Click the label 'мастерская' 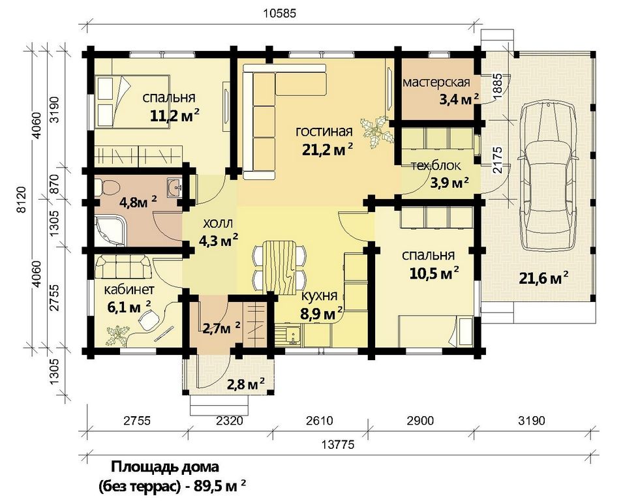pyautogui.click(x=436, y=82)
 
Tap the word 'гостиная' pyautogui.click(x=324, y=131)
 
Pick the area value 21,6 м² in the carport pyautogui.click(x=543, y=278)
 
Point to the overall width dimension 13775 pyautogui.click(x=340, y=445)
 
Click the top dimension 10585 pyautogui.click(x=280, y=14)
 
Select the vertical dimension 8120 pyautogui.click(x=22, y=200)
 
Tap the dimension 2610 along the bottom pyautogui.click(x=321, y=420)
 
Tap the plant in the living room pyautogui.click(x=376, y=132)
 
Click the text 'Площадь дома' pyautogui.click(x=165, y=466)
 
